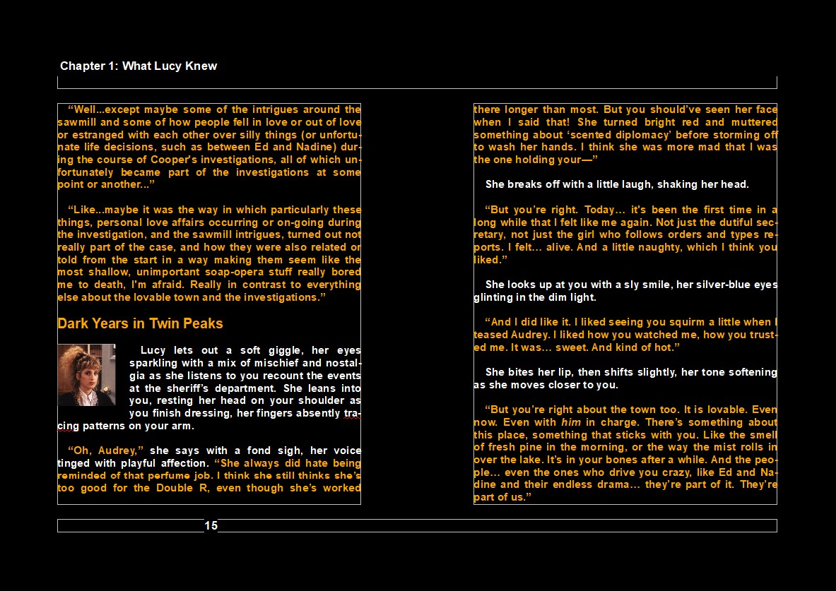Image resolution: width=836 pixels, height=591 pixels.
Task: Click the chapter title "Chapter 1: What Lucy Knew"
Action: (139, 66)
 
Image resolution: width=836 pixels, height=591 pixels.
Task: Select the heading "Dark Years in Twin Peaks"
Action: (140, 324)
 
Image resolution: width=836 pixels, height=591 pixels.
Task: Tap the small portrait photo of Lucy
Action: (86, 375)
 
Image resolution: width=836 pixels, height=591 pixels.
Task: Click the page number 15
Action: (211, 525)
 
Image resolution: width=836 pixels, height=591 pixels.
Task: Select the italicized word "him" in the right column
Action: (569, 422)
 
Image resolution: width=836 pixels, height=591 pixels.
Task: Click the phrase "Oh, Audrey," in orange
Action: (106, 450)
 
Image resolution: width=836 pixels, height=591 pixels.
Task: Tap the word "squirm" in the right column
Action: (672, 322)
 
